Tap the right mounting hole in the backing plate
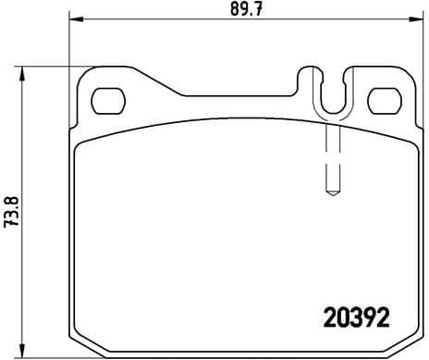[x=381, y=99]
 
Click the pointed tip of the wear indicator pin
[x=332, y=194]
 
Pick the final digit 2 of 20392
[x=382, y=317]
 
